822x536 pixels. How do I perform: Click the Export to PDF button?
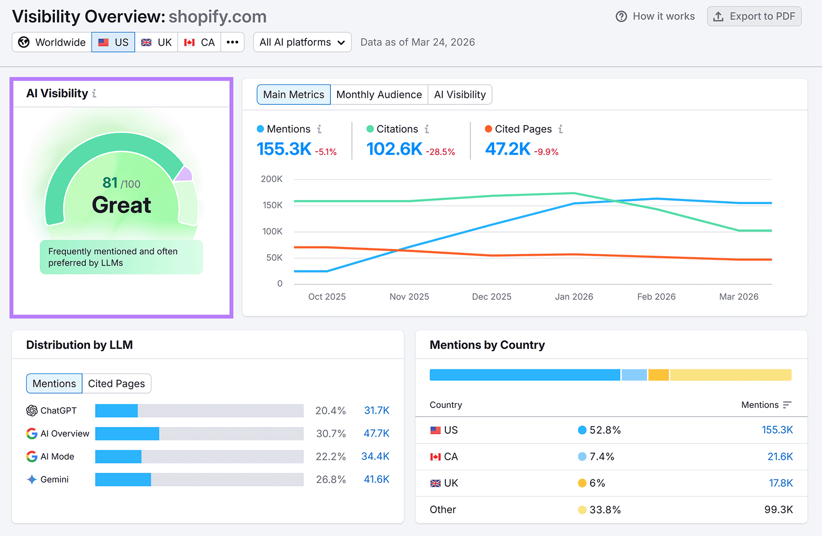click(754, 16)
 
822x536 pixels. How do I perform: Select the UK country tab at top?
click(157, 42)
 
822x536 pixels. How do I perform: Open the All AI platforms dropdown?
click(302, 42)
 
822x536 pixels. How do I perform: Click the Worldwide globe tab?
click(52, 42)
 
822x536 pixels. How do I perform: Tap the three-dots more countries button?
click(232, 42)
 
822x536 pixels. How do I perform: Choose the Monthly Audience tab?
click(379, 95)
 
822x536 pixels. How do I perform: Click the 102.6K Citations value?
click(394, 149)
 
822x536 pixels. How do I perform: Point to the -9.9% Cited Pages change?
click(546, 152)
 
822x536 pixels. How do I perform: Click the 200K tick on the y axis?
click(272, 179)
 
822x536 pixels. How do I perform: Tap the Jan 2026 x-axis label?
click(574, 297)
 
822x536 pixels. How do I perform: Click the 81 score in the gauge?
click(110, 183)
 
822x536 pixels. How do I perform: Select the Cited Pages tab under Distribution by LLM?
click(116, 384)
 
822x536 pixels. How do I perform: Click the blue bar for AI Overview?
click(127, 434)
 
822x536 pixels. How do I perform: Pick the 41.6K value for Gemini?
click(377, 479)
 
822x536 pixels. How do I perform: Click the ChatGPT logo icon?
click(32, 410)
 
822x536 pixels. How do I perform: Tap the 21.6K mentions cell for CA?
click(780, 457)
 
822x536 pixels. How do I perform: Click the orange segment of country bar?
click(659, 375)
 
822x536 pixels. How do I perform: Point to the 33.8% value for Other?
click(605, 510)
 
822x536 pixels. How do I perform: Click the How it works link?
click(655, 16)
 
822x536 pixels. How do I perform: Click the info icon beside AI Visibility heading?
click(94, 94)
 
